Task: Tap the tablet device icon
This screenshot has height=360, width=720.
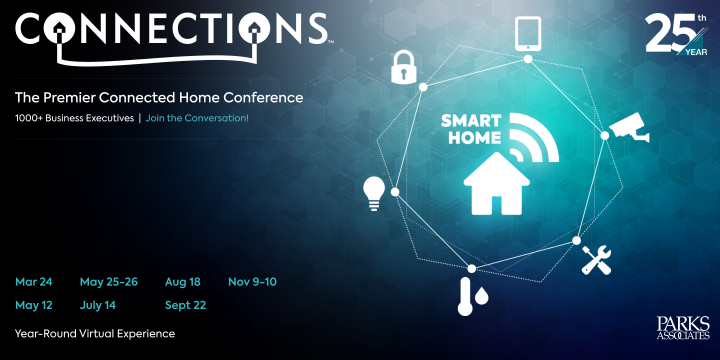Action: [528, 33]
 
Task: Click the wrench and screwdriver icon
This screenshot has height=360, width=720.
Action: [596, 259]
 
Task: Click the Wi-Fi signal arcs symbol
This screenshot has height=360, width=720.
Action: [532, 138]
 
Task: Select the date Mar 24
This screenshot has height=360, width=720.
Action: [33, 282]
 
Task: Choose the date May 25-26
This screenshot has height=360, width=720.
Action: [108, 282]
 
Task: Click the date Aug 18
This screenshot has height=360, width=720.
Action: [182, 282]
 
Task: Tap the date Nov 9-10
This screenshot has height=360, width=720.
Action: [252, 282]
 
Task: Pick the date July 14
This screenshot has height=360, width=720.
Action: [97, 305]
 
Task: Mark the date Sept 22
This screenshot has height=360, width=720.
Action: [185, 305]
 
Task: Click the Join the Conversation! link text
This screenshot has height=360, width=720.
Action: [196, 118]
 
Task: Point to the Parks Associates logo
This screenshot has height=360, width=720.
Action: [683, 328]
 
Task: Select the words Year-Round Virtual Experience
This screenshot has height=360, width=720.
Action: [95, 333]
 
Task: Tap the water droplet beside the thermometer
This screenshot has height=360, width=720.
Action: [481, 296]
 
